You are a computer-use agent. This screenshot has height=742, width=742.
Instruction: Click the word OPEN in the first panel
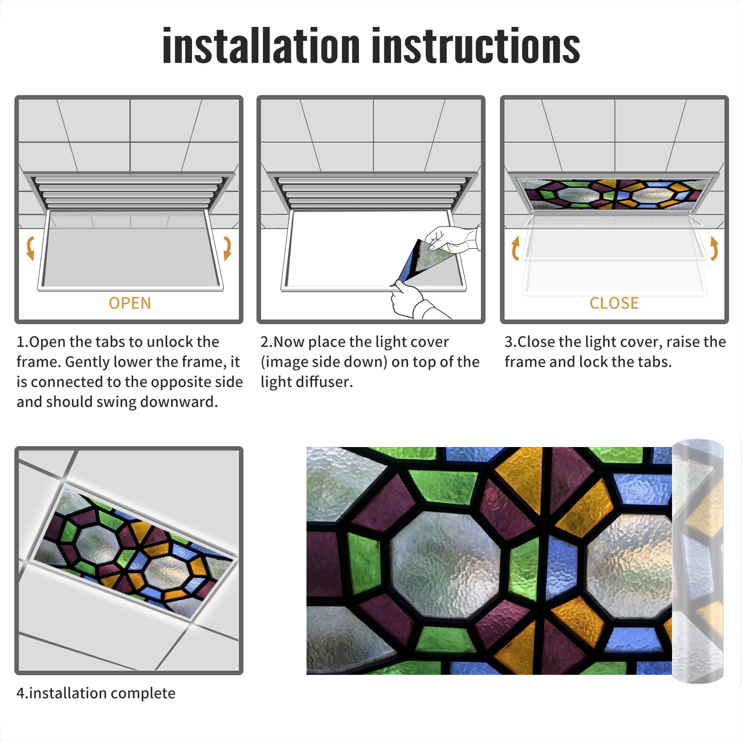click(x=130, y=303)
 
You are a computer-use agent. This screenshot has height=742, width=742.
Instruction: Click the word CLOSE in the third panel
click(x=614, y=303)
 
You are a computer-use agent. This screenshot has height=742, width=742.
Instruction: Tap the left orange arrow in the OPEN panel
click(x=31, y=248)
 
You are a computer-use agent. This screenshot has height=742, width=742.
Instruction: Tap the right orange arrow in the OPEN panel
click(x=227, y=248)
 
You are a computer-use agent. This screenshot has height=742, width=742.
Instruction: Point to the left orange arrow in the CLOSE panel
click(x=515, y=248)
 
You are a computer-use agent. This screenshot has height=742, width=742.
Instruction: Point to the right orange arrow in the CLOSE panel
click(x=714, y=248)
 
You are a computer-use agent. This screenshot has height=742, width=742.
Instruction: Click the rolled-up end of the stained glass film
click(x=697, y=561)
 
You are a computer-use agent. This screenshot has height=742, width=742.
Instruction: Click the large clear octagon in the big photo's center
click(x=445, y=564)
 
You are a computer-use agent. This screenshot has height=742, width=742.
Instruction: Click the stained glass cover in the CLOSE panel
click(x=614, y=193)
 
